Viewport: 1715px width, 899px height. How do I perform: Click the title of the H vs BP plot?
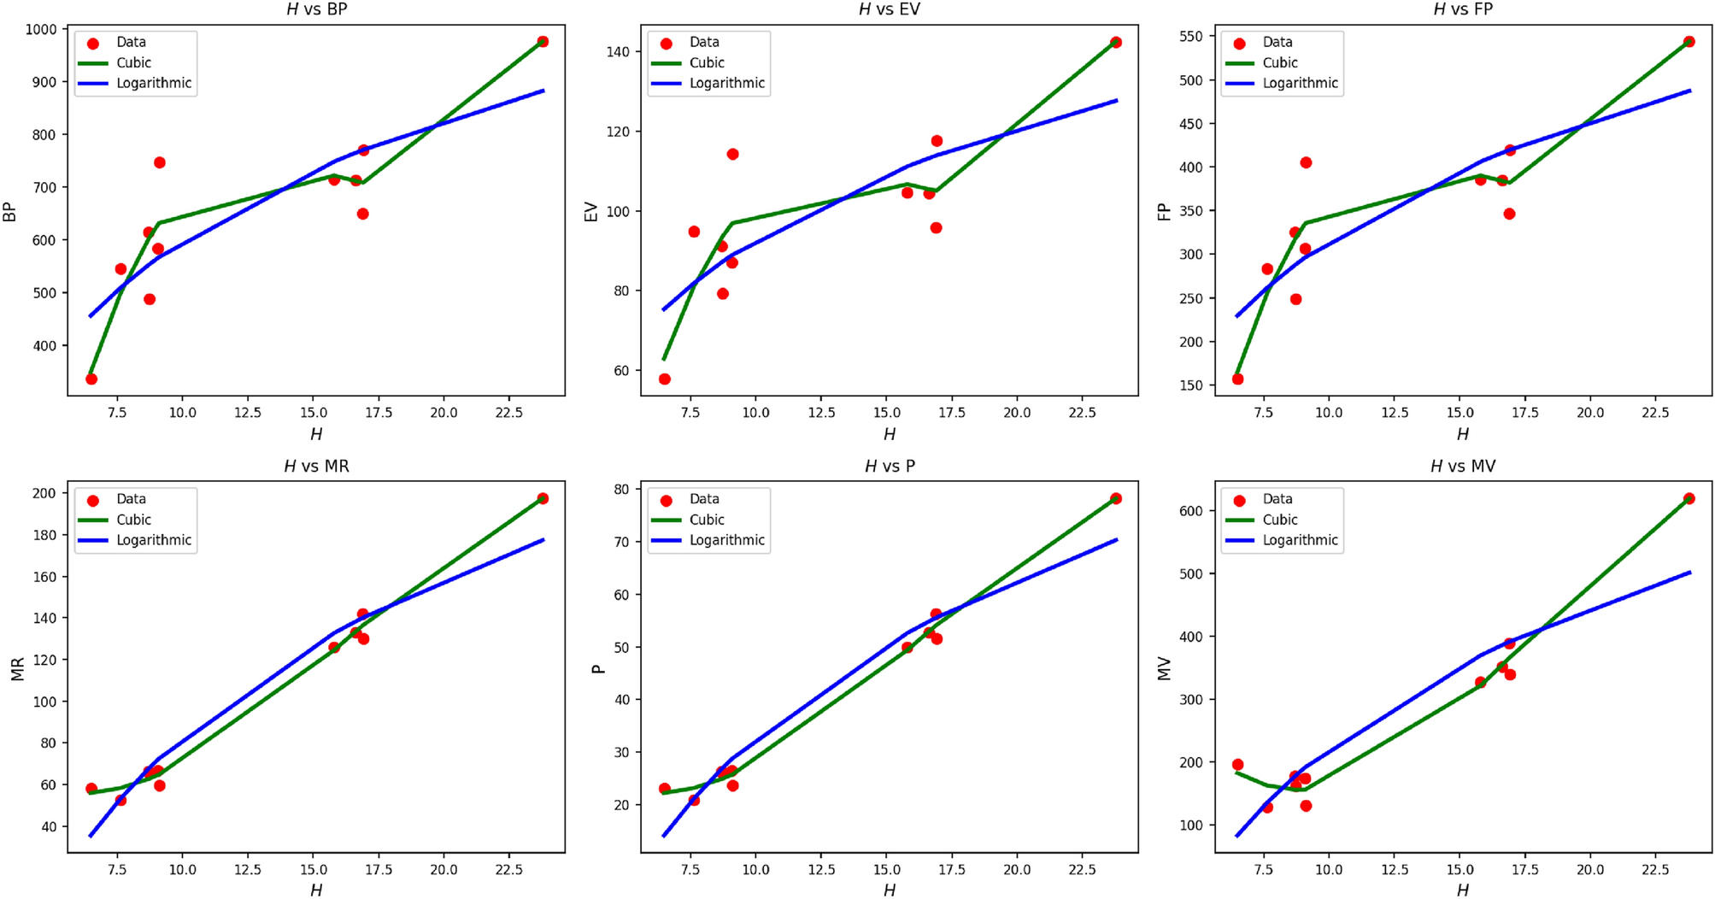point(316,9)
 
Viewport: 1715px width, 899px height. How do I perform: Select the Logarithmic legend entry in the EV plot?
point(726,83)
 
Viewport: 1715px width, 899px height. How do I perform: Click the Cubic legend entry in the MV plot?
point(1279,520)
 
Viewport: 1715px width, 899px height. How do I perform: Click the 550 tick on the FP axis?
point(1190,37)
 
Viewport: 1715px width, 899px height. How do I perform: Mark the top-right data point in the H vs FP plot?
point(1689,42)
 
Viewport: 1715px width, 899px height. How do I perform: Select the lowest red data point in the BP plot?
point(91,379)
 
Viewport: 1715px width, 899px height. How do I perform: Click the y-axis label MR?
point(16,667)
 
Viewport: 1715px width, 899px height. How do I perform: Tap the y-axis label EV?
point(590,211)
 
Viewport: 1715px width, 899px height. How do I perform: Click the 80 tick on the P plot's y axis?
point(620,490)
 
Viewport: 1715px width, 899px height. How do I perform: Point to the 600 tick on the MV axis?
point(1190,511)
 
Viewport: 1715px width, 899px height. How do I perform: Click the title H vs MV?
point(1462,467)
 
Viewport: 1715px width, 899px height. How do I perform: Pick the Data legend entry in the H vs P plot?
point(704,499)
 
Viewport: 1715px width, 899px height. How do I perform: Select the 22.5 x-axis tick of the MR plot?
point(508,870)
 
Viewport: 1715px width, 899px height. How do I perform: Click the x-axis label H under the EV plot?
point(889,434)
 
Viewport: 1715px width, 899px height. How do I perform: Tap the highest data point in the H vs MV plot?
point(1689,498)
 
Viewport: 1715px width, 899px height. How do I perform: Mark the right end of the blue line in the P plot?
point(1116,539)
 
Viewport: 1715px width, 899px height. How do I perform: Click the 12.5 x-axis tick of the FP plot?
point(1395,413)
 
